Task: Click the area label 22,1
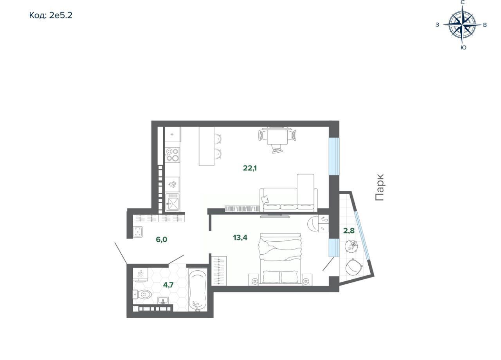(x=250, y=168)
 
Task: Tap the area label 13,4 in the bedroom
(x=240, y=237)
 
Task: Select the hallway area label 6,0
(x=162, y=240)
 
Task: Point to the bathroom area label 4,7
(x=168, y=285)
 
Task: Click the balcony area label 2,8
(x=349, y=230)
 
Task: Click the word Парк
(x=380, y=187)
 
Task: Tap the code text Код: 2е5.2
(x=51, y=15)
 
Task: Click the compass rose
(x=462, y=25)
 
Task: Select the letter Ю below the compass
(x=464, y=48)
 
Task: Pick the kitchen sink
(x=172, y=202)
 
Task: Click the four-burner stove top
(x=172, y=155)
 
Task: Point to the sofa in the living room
(x=288, y=196)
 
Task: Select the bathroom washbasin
(x=164, y=300)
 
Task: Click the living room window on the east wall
(x=334, y=156)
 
